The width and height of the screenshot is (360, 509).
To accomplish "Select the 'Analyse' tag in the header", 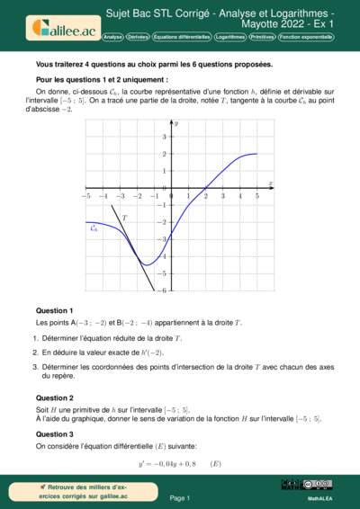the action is (113, 37).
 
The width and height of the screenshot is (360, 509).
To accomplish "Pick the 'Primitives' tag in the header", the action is (262, 37).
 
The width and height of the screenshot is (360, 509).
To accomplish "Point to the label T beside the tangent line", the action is (124, 219).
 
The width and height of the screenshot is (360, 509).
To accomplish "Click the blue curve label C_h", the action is (94, 228).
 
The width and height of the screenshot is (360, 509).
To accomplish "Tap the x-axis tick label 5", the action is (257, 195).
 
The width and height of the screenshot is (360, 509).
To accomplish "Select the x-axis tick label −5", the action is (85, 195).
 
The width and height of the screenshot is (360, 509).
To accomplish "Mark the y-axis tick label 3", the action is (164, 137).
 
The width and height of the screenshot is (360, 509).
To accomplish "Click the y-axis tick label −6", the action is (163, 290).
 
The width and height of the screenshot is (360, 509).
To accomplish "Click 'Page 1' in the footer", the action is (180, 497).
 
